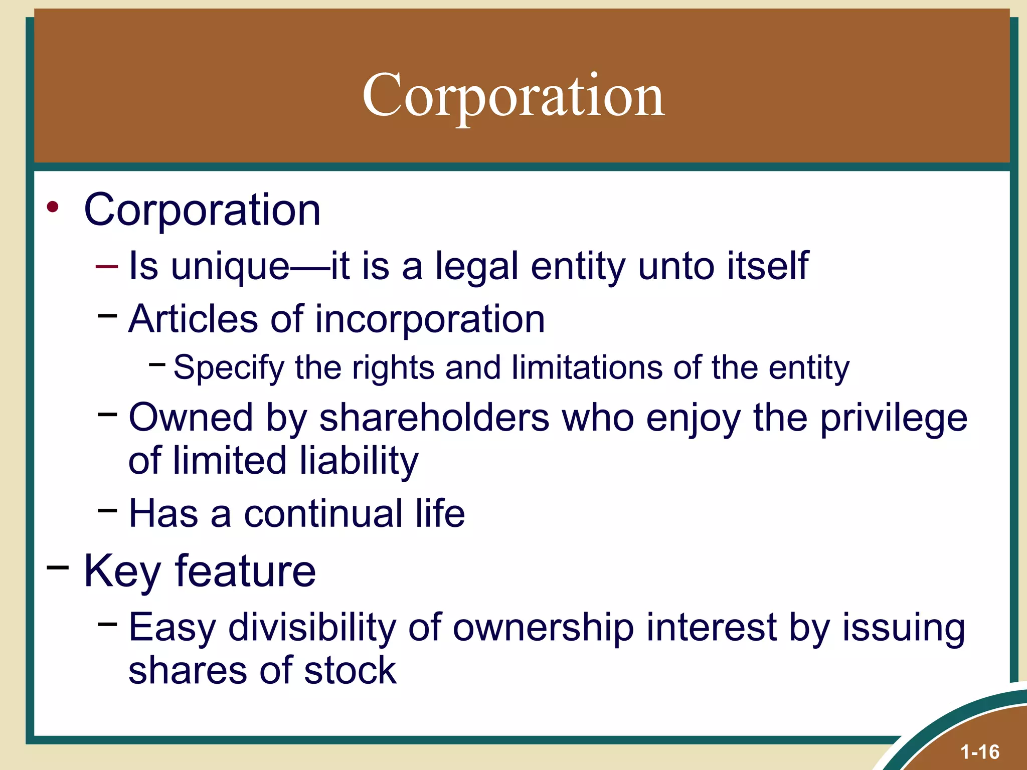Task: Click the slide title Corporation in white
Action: pyautogui.click(x=513, y=95)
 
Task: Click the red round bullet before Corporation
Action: pyautogui.click(x=53, y=207)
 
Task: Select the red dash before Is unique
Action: pyautogui.click(x=107, y=267)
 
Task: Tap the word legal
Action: pyautogui.click(x=476, y=266)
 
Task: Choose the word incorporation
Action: pyautogui.click(x=430, y=319)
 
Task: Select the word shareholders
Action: pyautogui.click(x=434, y=418)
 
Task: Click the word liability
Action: pyautogui.click(x=359, y=461)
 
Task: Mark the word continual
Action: pyautogui.click(x=323, y=513)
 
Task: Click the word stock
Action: pyautogui.click(x=350, y=670)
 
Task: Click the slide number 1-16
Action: pyautogui.click(x=979, y=752)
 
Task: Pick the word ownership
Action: pyautogui.click(x=543, y=627)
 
